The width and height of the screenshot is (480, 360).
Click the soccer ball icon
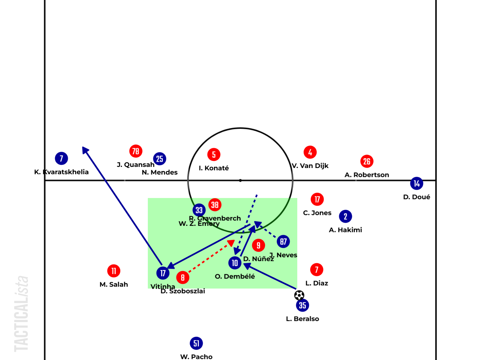(299, 295)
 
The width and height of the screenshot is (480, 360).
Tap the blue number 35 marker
(302, 305)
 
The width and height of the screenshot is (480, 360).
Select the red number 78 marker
(136, 151)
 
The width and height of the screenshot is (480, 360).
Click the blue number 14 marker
(417, 184)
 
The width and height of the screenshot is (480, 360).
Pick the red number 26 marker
(367, 161)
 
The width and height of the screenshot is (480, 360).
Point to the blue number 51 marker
(196, 343)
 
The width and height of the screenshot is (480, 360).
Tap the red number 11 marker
(114, 271)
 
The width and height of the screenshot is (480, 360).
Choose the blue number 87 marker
(283, 241)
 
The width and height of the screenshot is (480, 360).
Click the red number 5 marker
(214, 155)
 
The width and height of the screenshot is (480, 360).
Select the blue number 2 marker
(346, 217)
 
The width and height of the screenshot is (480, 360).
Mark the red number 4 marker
(310, 152)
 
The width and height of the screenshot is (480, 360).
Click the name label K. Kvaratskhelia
(61, 172)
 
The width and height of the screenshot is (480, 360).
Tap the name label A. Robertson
(367, 175)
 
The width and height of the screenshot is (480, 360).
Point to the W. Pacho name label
(196, 356)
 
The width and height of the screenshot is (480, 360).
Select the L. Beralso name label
(302, 319)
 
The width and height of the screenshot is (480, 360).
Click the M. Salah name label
(114, 284)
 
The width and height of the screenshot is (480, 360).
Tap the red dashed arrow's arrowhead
(231, 242)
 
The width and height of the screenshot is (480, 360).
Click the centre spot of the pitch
(240, 180)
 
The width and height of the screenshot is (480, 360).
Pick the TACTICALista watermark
(22, 314)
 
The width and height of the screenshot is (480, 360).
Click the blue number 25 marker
(160, 159)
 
